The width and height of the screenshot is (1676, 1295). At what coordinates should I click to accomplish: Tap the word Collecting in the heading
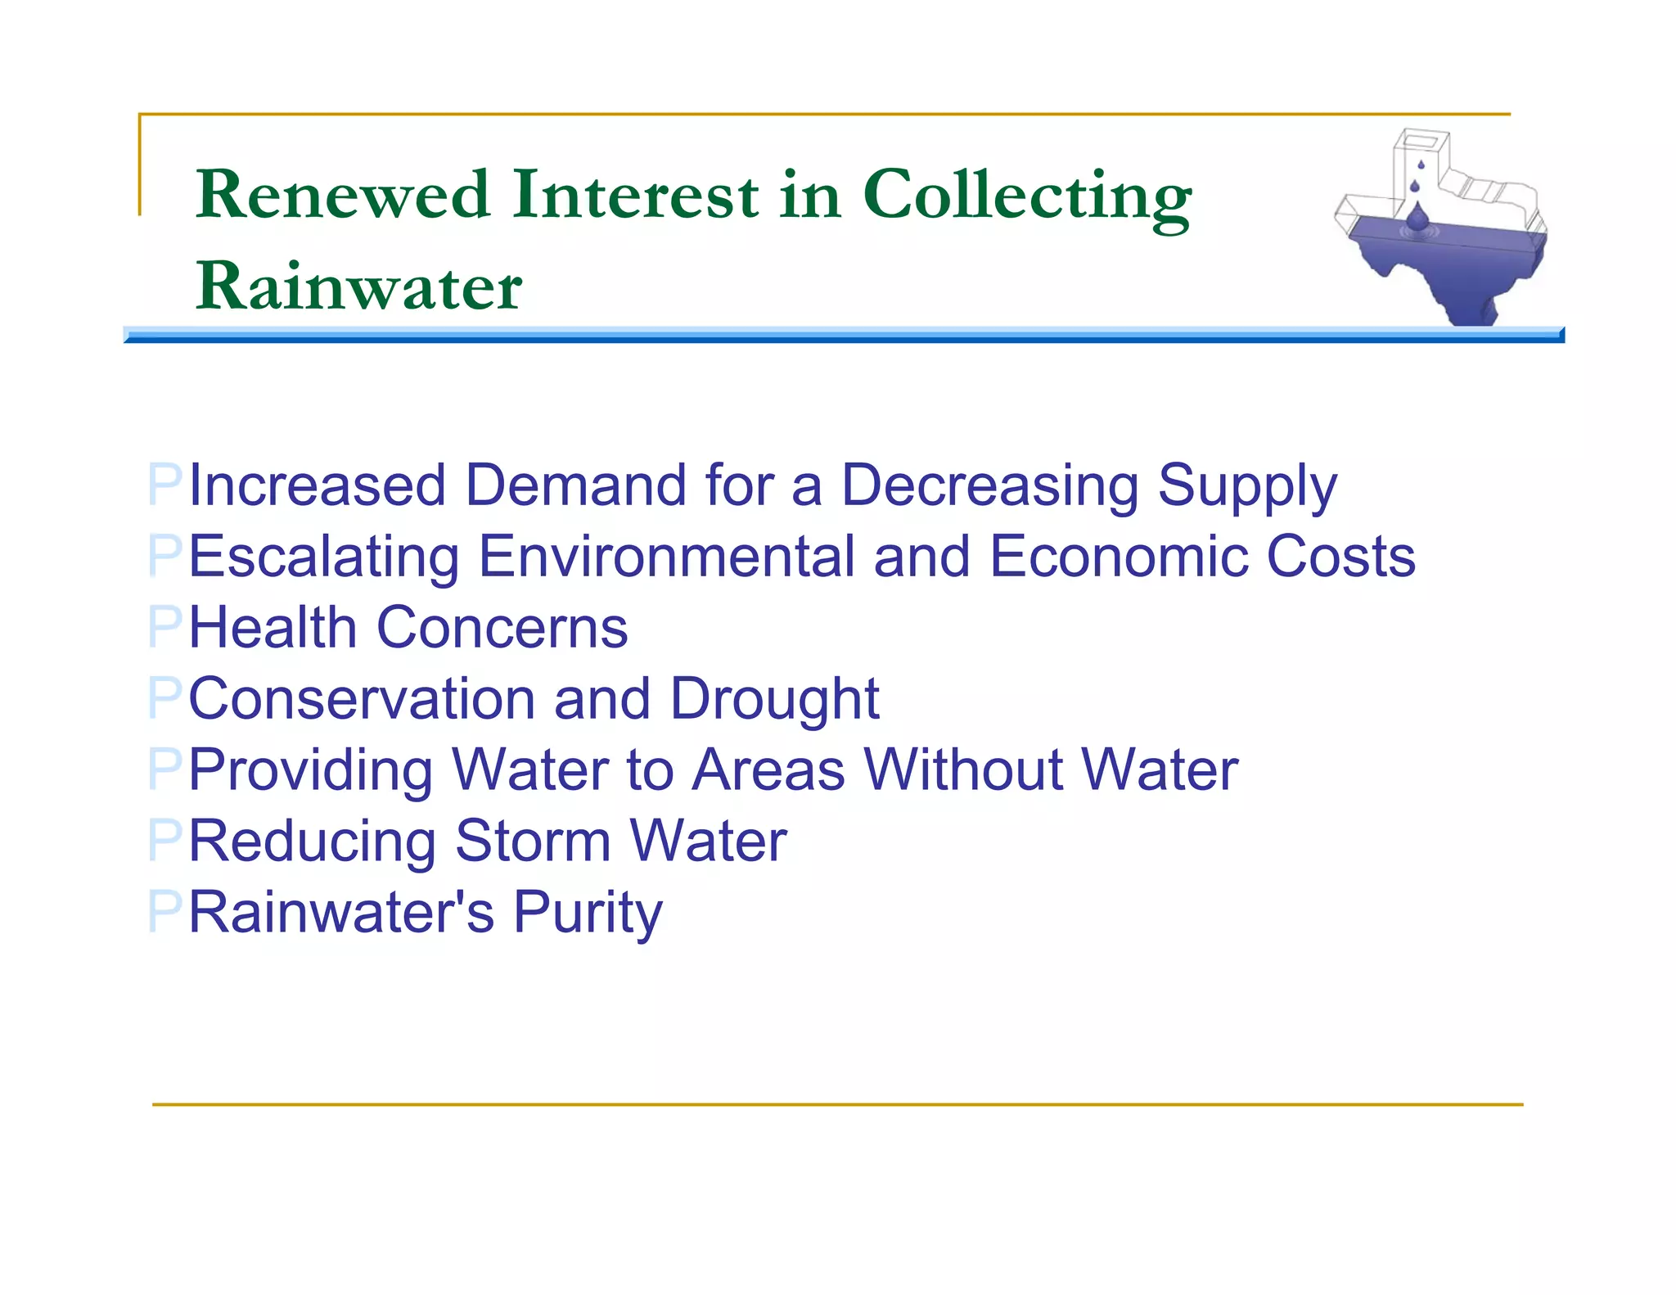(x=1027, y=196)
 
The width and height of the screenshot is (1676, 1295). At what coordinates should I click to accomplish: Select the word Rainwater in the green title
(x=358, y=286)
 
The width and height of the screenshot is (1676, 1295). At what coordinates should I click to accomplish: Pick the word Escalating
(x=324, y=557)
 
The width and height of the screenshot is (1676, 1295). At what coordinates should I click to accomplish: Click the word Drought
(x=774, y=701)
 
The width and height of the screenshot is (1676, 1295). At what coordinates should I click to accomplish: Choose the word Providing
(x=310, y=771)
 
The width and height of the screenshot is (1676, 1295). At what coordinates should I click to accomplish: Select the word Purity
(x=587, y=914)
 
